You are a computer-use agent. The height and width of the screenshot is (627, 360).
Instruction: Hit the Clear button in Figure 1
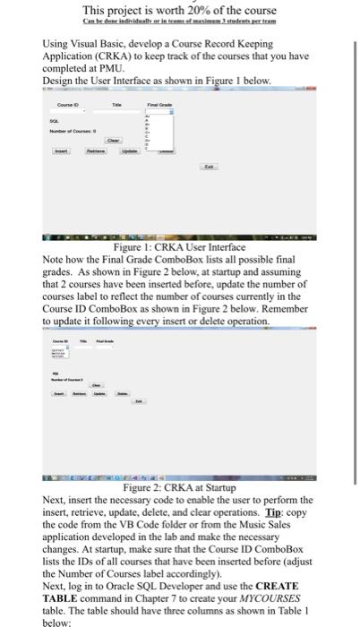point(114,140)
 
